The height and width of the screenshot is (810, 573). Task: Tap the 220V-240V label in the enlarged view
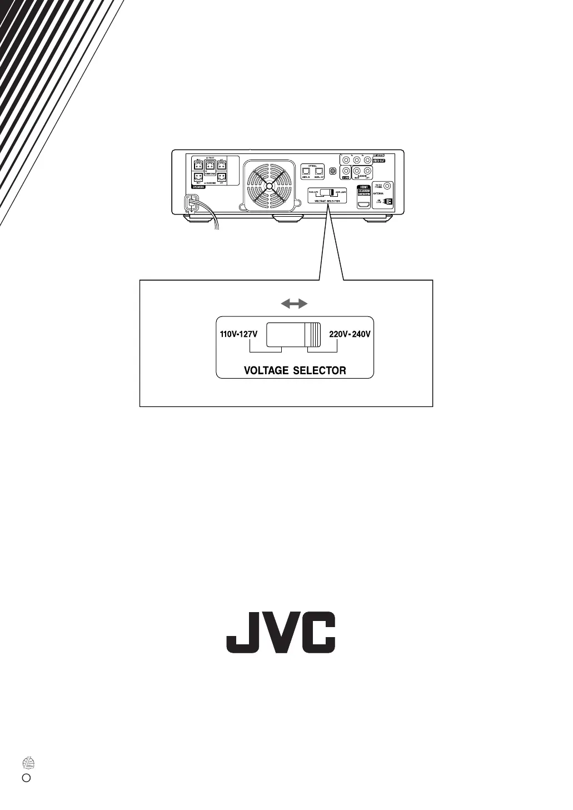[x=350, y=335]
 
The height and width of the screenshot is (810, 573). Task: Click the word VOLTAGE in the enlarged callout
[x=266, y=370]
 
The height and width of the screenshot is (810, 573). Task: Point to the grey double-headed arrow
[x=293, y=304]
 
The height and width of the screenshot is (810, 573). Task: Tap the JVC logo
[x=281, y=633]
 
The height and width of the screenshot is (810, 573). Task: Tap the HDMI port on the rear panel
[x=363, y=205]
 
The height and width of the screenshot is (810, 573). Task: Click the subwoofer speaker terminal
[x=210, y=166]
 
